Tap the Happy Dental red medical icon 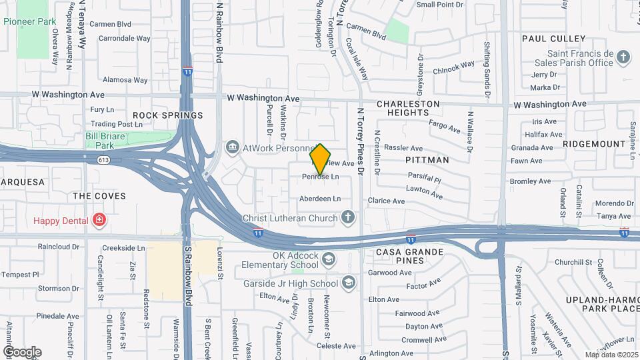[99, 220]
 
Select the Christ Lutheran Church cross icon [347, 217]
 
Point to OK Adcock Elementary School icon [328, 259]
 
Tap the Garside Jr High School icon [347, 283]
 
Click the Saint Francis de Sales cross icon [623, 57]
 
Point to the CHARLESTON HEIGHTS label [408, 109]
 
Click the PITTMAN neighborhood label [427, 160]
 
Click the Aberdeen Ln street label [320, 199]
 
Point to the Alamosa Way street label [125, 80]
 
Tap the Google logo [22, 351]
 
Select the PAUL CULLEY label [553, 39]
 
